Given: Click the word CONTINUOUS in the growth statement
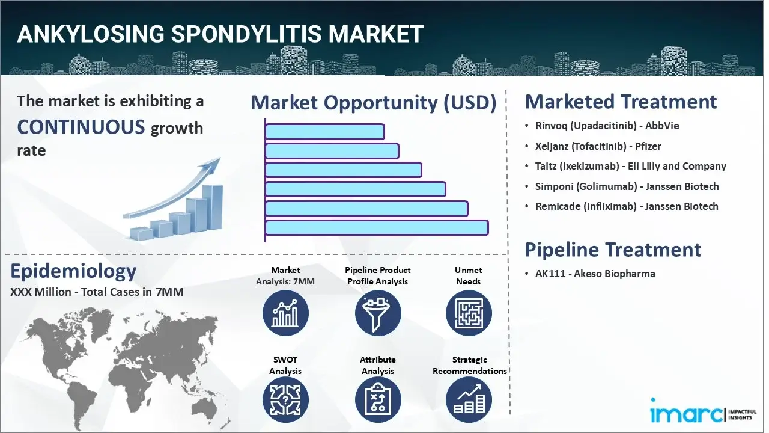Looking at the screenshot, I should [x=81, y=127].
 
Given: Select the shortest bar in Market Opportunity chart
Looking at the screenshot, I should [x=324, y=132].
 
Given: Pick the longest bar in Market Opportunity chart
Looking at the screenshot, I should [x=376, y=227].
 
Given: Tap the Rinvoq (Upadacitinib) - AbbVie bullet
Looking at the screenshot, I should [x=607, y=126].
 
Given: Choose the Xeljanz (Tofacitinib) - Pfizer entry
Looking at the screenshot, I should [x=598, y=146].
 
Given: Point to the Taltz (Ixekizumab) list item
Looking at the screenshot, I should [x=630, y=166].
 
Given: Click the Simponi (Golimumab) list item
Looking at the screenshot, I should [x=627, y=186].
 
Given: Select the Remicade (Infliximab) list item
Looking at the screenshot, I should [x=626, y=206].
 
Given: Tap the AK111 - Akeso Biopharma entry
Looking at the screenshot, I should [x=595, y=274].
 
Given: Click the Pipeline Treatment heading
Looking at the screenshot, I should [x=613, y=249].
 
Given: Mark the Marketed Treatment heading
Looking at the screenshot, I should [x=621, y=102].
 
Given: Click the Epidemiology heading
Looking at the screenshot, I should [x=73, y=271].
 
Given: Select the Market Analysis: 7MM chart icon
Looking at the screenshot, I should [x=285, y=313].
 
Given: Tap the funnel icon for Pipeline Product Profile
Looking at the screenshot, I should [x=377, y=313].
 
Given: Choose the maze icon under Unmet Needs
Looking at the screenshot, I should [x=469, y=313].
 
